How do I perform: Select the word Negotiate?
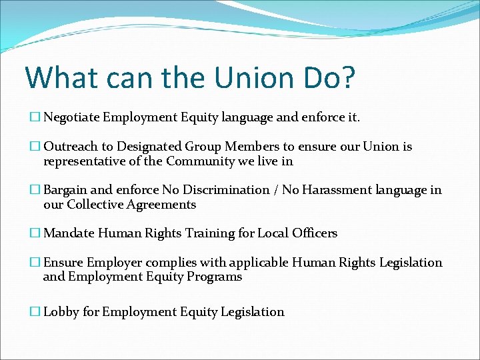tap(73, 118)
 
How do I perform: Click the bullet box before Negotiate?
tap(35, 118)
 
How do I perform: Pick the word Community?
tap(199, 161)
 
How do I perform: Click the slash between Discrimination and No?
tap(276, 190)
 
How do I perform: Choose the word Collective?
tap(97, 205)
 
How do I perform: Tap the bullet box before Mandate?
tap(35, 233)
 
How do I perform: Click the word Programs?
tap(215, 277)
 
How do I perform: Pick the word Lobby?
tap(61, 312)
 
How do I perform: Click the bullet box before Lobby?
tap(35, 312)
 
